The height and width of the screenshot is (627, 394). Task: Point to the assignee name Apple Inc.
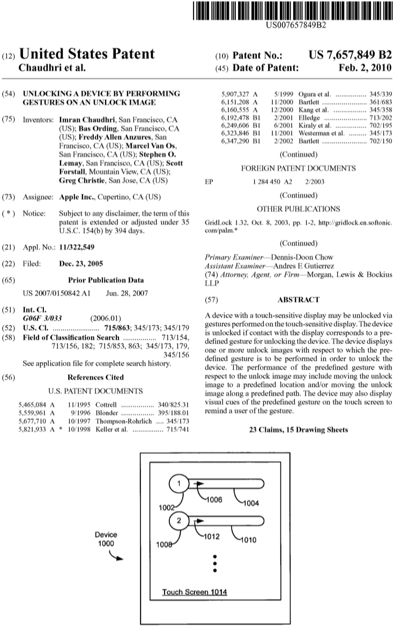coord(78,197)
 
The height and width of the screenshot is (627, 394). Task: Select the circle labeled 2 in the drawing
coord(180,520)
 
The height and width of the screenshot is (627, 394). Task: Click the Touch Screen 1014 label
coord(195,592)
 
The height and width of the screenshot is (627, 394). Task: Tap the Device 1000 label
coord(106,539)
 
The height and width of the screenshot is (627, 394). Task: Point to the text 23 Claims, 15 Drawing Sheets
coord(299,430)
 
